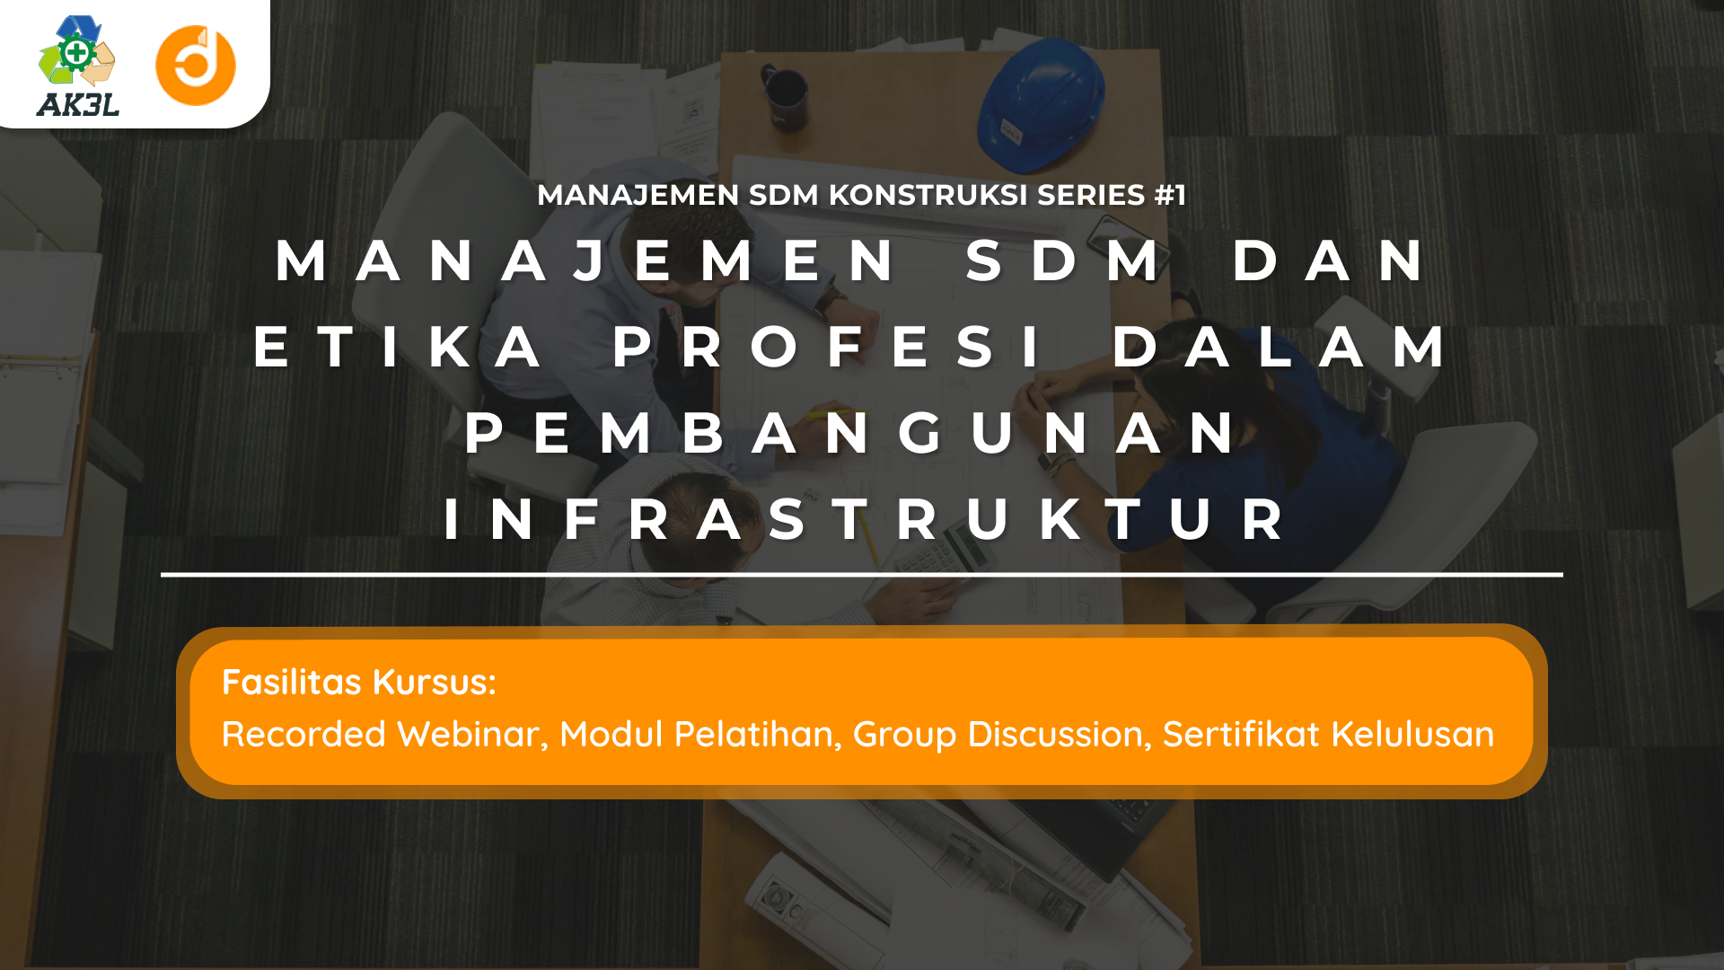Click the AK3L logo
(x=78, y=66)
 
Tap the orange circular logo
(x=196, y=66)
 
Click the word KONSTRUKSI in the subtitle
(x=928, y=195)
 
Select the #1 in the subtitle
(x=1170, y=195)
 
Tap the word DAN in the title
(x=1329, y=260)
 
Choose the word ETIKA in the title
(x=398, y=347)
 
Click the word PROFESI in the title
(x=827, y=347)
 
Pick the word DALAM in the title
(x=1280, y=347)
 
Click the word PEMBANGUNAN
(x=851, y=433)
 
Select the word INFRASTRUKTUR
(x=865, y=519)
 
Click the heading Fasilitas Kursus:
(x=359, y=683)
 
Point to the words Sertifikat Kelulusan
(x=1328, y=735)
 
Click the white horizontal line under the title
(x=862, y=574)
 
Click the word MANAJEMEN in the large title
(x=585, y=260)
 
